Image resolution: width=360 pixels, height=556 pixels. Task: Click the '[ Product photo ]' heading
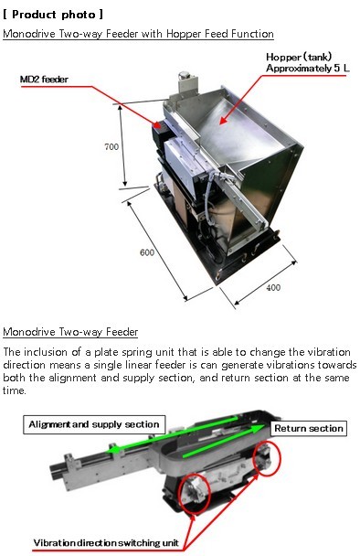pos(53,15)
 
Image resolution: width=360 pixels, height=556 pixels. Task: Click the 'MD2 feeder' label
pos(44,79)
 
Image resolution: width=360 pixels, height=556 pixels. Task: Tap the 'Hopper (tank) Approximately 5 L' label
pos(308,62)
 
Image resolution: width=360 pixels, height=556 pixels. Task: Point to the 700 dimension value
pos(111,146)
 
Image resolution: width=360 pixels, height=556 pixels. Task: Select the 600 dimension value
pos(147,252)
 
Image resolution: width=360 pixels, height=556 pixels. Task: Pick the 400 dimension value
pos(273,287)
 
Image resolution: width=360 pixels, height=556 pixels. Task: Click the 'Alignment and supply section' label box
pos(94,424)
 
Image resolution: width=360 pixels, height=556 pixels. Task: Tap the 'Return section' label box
pos(309,428)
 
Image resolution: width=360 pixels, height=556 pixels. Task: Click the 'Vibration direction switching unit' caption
pos(106,543)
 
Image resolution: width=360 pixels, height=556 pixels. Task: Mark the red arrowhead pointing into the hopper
pos(223,120)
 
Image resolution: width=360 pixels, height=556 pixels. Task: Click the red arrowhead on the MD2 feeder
pos(156,124)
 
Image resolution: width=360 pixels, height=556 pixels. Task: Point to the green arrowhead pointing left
pos(112,450)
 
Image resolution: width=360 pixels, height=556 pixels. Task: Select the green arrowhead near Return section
pos(258,429)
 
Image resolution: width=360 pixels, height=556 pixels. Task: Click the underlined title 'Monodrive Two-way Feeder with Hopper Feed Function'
pos(138,34)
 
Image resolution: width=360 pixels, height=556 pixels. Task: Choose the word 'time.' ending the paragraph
pos(15,390)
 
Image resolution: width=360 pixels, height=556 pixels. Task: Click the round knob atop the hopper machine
pos(184,75)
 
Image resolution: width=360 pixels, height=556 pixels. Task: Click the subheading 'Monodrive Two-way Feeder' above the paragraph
pos(70,332)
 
